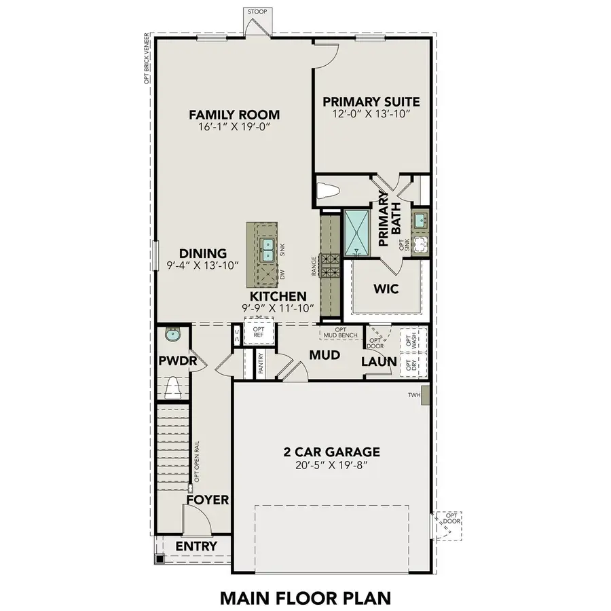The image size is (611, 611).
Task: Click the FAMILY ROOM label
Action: pos(234,115)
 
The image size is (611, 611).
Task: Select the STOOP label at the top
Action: pos(257,12)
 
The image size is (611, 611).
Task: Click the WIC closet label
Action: pos(385,289)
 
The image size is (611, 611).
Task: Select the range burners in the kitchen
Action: pos(329,265)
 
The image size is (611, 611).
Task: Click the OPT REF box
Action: pos(259,332)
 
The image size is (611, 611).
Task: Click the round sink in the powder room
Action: pos(172,334)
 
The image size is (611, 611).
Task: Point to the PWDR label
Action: pos(177,360)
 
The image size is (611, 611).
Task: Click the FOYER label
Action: pos(208,500)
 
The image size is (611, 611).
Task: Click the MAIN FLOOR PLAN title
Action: pos(305,597)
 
